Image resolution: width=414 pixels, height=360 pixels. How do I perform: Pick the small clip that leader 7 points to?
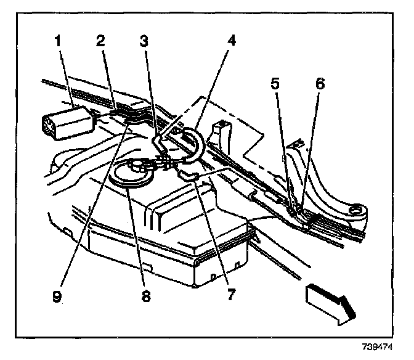coord(189,176)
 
